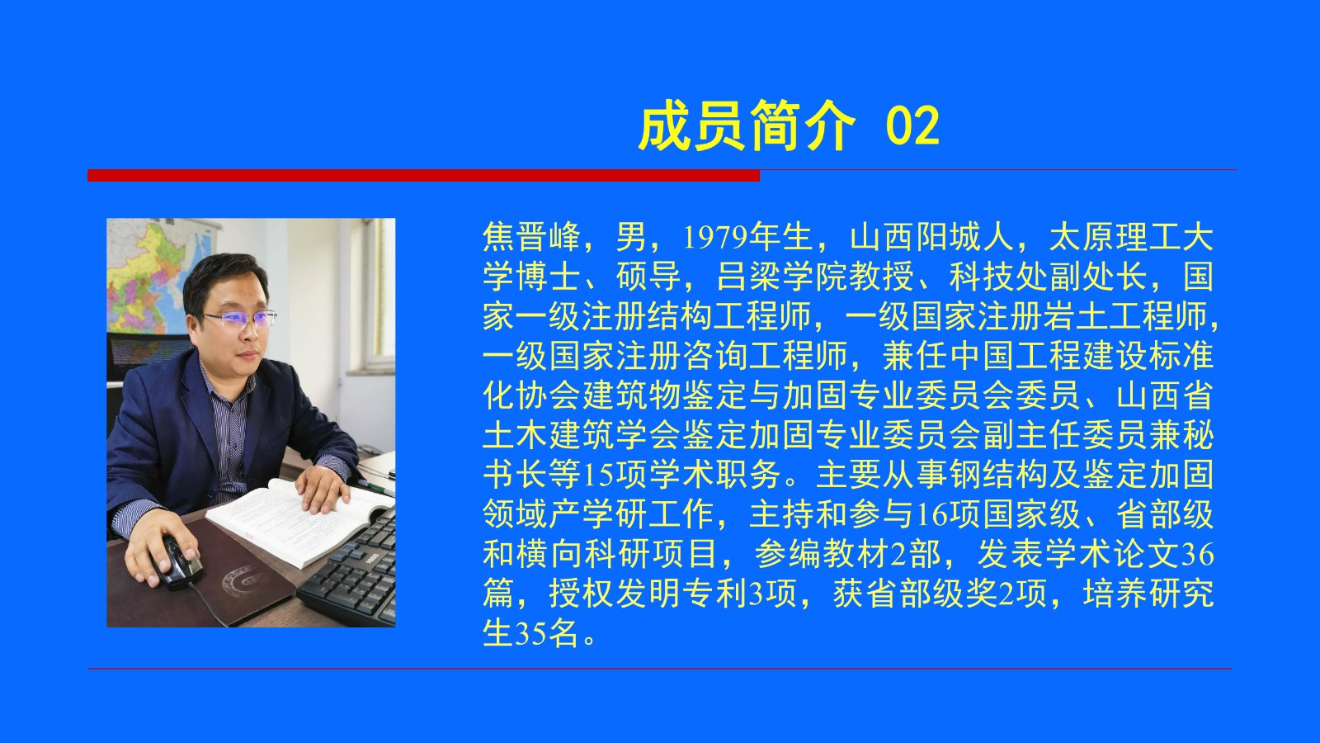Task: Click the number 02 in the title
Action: pyautogui.click(x=912, y=126)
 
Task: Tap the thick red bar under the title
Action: pyautogui.click(x=424, y=175)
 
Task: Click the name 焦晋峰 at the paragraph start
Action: pyautogui.click(x=532, y=237)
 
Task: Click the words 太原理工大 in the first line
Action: pyautogui.click(x=1132, y=237)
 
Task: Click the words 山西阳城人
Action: pyautogui.click(x=931, y=237)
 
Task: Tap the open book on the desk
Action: pyautogui.click(x=298, y=520)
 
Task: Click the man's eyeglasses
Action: pyautogui.click(x=238, y=319)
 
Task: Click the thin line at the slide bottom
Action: pyautogui.click(x=660, y=669)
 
